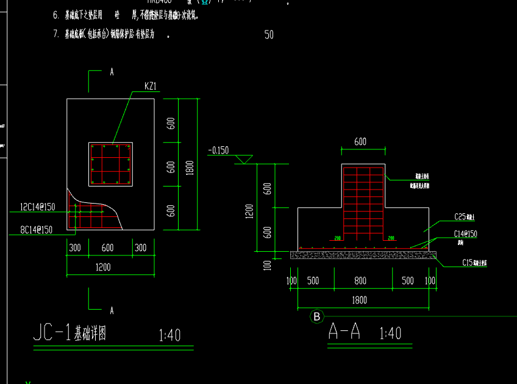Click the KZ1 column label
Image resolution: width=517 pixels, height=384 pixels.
coord(151,86)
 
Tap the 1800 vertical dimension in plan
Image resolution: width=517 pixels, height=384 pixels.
coord(190,165)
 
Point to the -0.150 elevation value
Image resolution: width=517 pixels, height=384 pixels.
coord(218,150)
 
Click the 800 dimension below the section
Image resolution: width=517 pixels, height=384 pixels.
coord(360,281)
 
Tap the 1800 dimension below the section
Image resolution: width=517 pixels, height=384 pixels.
coord(360,300)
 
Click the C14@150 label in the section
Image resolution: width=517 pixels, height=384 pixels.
coord(465,234)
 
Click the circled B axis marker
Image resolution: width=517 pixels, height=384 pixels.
coord(316,316)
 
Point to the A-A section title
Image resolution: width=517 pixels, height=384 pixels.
coord(345,332)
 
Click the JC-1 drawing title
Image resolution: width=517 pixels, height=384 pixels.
coord(70,333)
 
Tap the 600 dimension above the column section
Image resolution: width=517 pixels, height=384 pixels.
coord(360,141)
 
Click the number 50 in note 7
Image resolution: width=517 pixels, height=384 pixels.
coord(269,35)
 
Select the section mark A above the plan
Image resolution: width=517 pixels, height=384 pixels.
coord(112,71)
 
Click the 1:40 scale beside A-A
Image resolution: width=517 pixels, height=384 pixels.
coord(390,333)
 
